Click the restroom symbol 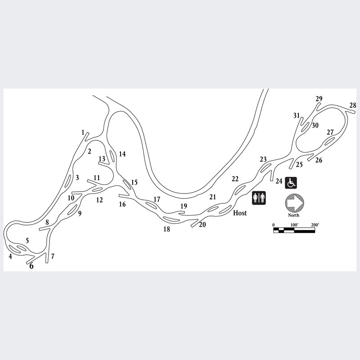click(259, 198)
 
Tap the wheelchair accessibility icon click(291, 183)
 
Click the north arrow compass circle click(295, 203)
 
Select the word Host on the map click(240, 213)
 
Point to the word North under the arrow click(294, 216)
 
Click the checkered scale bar click(294, 230)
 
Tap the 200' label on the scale click(315, 225)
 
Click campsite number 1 click(83, 132)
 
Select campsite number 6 click(31, 266)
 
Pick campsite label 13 click(102, 159)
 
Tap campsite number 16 click(122, 204)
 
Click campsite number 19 click(184, 206)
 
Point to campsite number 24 click(279, 181)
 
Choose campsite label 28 click(353, 105)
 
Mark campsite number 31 click(297, 115)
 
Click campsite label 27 click(330, 132)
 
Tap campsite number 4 click(10, 256)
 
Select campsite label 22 click(235, 179)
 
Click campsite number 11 click(97, 178)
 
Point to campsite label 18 click(166, 229)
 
